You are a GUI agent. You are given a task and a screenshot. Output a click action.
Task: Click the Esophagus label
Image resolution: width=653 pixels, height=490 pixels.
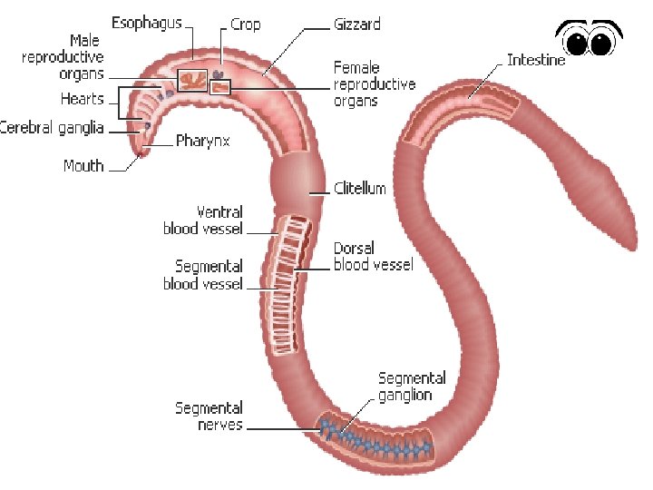(146, 22)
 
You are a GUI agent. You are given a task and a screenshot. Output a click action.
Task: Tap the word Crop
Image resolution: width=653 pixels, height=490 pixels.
(245, 24)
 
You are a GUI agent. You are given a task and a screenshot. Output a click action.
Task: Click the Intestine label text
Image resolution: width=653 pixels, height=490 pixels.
(536, 60)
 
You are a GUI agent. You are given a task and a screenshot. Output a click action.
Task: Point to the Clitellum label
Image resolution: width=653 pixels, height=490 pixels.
(360, 189)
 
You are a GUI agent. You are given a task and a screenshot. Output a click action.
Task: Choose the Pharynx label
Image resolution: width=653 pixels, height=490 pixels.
(202, 141)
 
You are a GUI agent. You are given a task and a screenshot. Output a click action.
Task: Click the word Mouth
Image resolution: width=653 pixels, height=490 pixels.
(83, 166)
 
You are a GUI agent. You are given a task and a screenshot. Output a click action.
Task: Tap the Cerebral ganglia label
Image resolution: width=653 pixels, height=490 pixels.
(52, 127)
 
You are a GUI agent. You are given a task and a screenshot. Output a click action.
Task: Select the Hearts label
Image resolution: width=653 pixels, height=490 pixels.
(83, 98)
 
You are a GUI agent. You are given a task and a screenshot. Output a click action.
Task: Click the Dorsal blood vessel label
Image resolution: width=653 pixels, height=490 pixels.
(373, 256)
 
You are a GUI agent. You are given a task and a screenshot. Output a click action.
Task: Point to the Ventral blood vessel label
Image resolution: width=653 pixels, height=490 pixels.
(202, 220)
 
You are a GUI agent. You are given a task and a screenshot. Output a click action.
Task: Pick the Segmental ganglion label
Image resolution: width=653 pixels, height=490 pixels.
(412, 387)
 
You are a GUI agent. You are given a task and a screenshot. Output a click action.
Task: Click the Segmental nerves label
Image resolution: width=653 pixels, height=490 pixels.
(209, 416)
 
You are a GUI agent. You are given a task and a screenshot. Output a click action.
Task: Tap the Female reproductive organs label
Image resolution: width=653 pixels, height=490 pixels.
(375, 83)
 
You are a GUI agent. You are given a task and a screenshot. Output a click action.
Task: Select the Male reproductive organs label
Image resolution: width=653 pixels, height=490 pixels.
(63, 57)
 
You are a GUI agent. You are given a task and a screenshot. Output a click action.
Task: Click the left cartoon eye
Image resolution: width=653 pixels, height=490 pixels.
(577, 42)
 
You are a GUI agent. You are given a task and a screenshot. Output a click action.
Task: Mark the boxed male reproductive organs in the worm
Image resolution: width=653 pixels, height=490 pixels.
(191, 80)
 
